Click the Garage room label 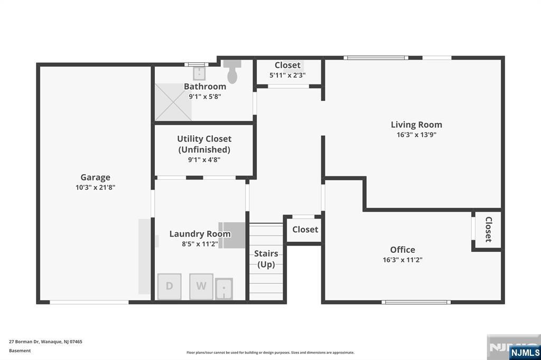pos(95,177)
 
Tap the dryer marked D pos(170,287)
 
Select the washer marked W pos(201,287)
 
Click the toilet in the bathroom pos(232,71)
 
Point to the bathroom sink pos(199,73)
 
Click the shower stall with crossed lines pos(173,102)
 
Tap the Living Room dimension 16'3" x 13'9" pos(416,135)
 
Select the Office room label pos(403,250)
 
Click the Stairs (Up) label pos(266,259)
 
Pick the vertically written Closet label pos(488,229)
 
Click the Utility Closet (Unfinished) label pos(204,144)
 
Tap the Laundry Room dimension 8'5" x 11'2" pos(200,244)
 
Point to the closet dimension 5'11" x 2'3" pos(287,75)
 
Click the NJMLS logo pos(525,353)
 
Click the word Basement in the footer pos(20,350)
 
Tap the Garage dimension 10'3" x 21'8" pos(95,187)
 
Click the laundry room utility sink pos(224,289)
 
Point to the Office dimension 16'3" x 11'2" pos(403,260)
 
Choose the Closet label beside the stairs pos(305,229)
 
